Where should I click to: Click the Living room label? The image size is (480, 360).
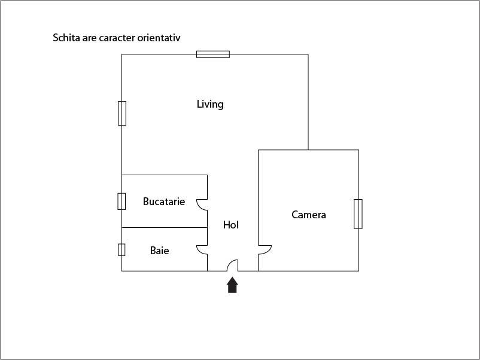[x=210, y=104]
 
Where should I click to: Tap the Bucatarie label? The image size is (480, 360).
[x=164, y=202]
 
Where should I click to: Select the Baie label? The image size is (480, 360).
[x=159, y=251]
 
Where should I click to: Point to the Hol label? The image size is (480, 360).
[x=231, y=225]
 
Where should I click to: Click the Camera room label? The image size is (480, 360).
[x=309, y=215]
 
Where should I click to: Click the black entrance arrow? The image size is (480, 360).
[x=232, y=285]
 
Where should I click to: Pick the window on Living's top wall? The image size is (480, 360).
[x=213, y=54]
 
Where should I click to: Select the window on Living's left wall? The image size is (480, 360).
[x=122, y=113]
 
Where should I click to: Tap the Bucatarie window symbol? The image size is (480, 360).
[x=121, y=202]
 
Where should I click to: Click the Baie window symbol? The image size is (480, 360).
[x=121, y=249]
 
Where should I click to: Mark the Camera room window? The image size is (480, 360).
[x=358, y=214]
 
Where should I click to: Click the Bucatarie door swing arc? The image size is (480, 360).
[x=198, y=206]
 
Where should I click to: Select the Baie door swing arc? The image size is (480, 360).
[x=198, y=251]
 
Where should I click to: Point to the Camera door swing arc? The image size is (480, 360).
[x=269, y=251]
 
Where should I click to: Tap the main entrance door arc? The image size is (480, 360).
[x=230, y=263]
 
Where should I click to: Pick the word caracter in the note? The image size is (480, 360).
[x=117, y=38]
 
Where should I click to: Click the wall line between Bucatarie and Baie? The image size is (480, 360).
[x=165, y=228]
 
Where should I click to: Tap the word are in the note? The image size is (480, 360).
[x=89, y=38]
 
